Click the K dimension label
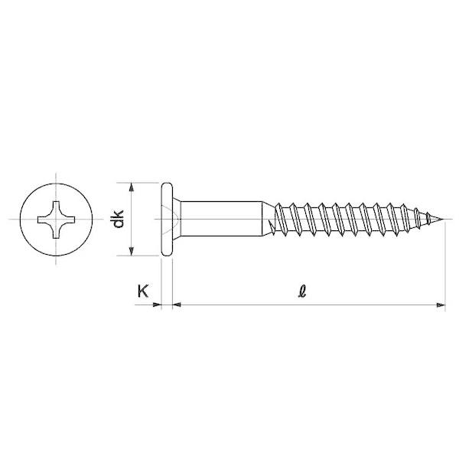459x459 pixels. [143, 291]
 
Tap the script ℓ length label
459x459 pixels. [302, 291]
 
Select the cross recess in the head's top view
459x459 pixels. [56, 220]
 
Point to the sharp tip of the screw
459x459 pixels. [444, 219]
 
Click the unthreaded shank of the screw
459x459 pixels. [221, 219]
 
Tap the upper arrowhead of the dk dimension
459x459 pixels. [132, 187]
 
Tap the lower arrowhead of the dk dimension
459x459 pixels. [132, 251]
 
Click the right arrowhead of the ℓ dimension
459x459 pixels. [441, 305]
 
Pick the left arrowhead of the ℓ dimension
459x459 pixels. [177, 305]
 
